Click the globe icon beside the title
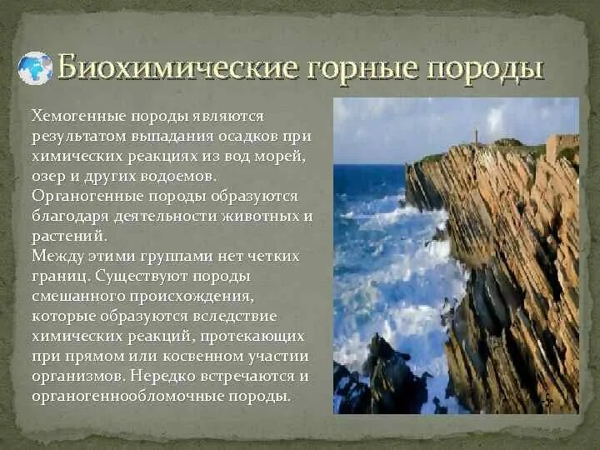(x=35, y=68)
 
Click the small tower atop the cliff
(x=476, y=137)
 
